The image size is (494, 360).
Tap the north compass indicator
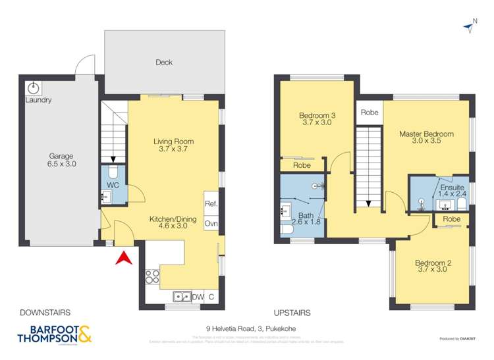472,25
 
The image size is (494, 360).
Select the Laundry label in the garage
38,101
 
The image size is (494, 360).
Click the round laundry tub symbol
34,88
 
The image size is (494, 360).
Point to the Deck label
163,63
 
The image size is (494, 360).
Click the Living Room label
173,145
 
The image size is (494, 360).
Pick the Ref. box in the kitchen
211,204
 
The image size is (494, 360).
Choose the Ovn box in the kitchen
211,224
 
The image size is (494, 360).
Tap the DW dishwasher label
198,297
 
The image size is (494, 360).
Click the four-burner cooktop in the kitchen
152,277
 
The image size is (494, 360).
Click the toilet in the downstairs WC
113,173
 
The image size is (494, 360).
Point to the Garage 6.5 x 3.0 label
61,161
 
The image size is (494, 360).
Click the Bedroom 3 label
317,120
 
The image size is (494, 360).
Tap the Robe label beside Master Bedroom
370,113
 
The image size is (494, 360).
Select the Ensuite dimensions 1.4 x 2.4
453,194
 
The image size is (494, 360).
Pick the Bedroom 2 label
433,267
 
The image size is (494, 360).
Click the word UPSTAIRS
292,313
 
